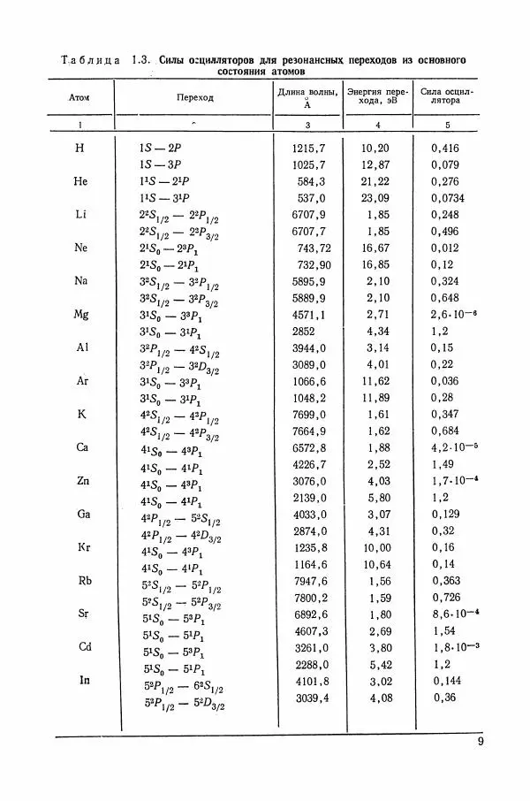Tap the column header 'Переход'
[194, 97]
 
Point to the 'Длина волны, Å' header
[306, 97]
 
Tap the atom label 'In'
[85, 680]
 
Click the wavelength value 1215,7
[309, 149]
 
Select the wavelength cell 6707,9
[309, 215]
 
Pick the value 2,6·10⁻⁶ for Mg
[453, 314]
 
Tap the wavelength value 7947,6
[309, 581]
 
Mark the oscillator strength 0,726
[447, 598]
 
